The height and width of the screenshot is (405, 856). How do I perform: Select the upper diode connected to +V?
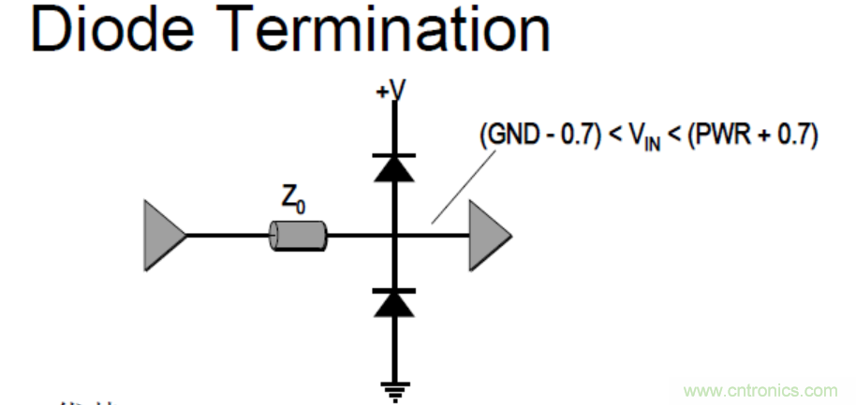pos(394,166)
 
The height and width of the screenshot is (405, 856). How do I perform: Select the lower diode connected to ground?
pos(394,302)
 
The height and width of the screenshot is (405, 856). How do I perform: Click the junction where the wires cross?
pos(394,235)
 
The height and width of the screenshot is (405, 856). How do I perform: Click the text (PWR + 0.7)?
pos(751,137)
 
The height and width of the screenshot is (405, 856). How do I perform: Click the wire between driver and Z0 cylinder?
pos(228,235)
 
